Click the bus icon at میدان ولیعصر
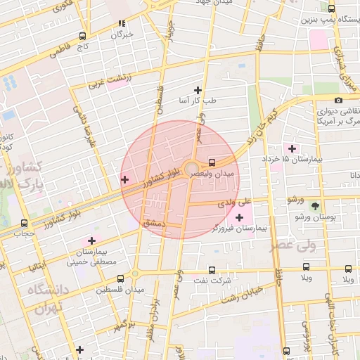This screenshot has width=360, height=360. [x=212, y=160]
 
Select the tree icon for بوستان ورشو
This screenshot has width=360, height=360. [x=314, y=207]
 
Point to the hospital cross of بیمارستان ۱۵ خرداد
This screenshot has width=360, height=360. [x=292, y=148]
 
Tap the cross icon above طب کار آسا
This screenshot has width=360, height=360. [x=198, y=90]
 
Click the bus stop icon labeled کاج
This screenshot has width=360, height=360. [x=83, y=37]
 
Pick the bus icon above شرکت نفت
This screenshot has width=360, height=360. [x=212, y=269]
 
